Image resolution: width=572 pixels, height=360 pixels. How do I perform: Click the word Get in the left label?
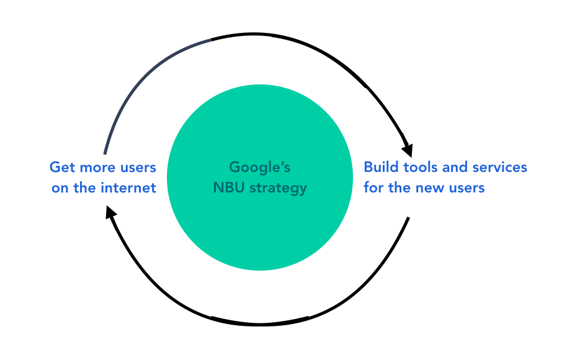point(62,168)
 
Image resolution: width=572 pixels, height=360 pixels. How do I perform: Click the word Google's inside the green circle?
point(259,168)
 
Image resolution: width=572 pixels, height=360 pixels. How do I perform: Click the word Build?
point(380,168)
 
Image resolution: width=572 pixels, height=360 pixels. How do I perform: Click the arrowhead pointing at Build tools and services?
point(408,150)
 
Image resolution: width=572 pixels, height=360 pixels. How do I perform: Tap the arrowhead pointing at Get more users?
point(110,213)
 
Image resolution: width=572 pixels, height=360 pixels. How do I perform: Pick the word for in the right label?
point(373,187)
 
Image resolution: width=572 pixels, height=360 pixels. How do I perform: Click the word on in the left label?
point(60,187)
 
